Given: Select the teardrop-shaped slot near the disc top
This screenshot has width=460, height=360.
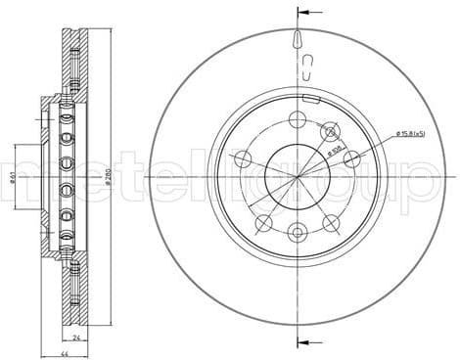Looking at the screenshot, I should pyautogui.click(x=297, y=39).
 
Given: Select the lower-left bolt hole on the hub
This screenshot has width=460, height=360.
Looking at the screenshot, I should pyautogui.click(x=262, y=224).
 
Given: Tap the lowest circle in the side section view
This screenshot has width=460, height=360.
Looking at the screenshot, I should pyautogui.click(x=67, y=237).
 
